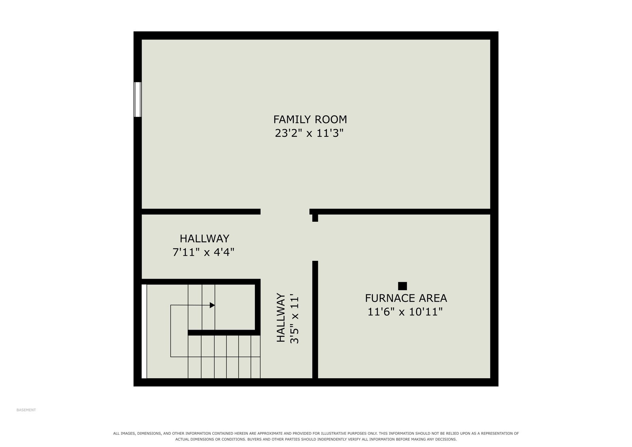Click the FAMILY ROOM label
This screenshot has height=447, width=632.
tap(310, 119)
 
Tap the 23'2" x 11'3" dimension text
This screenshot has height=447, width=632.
tap(309, 133)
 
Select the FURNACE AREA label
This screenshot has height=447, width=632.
tap(406, 298)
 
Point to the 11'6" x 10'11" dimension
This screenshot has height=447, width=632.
tap(405, 312)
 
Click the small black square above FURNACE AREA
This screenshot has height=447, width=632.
tap(402, 286)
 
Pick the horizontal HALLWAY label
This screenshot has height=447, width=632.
tap(204, 239)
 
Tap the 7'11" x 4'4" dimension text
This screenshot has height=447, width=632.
tap(203, 252)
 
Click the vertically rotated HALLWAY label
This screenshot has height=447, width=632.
tap(281, 317)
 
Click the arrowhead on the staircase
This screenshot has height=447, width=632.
tap(212, 305)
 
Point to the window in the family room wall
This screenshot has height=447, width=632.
tap(138, 99)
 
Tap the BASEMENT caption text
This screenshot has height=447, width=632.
tap(26, 410)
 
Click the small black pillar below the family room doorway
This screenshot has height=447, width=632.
tap(315, 218)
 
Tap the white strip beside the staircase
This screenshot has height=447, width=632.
tap(144, 331)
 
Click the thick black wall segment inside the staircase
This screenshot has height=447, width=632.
tap(224, 333)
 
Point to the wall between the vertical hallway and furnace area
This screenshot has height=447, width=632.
tap(315, 319)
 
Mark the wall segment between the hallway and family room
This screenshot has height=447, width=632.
tap(201, 212)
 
